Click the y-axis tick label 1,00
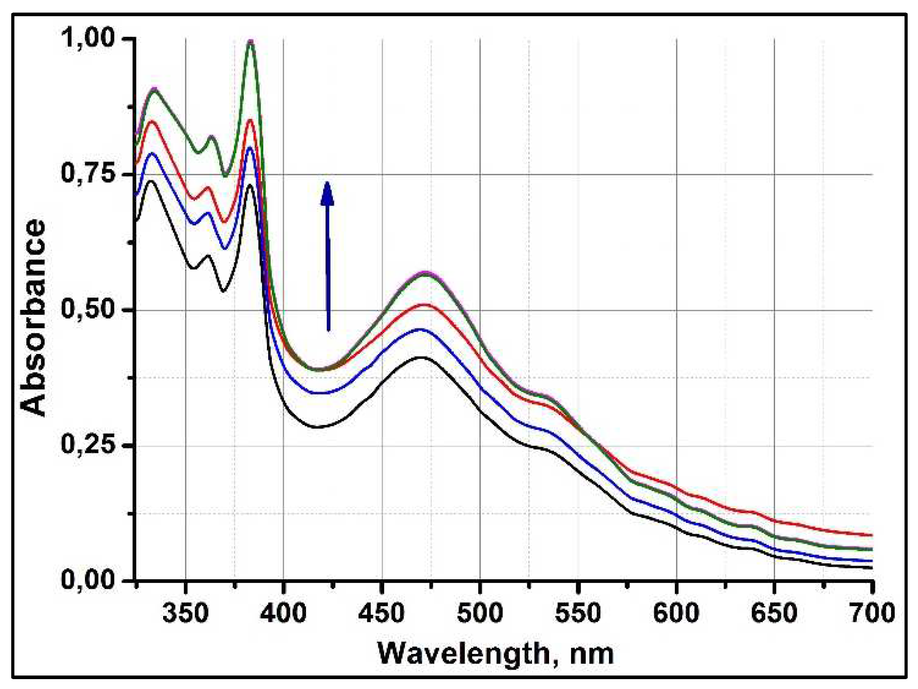coord(89,38)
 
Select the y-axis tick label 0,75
coord(89,174)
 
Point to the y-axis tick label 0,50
coord(89,309)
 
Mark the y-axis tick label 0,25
coord(89,445)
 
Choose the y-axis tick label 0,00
coord(89,580)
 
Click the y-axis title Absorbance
coord(33,318)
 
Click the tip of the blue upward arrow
coord(328,183)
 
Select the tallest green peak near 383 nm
coord(251,43)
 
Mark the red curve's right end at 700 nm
coord(872,535)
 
